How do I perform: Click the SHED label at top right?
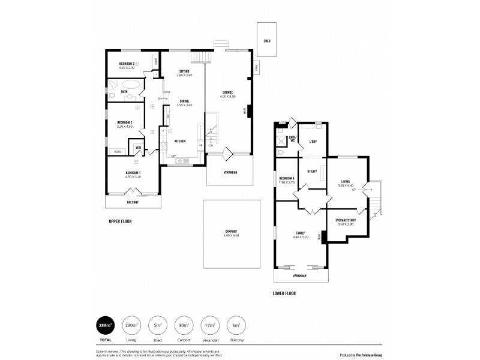pyautogui.click(x=266, y=41)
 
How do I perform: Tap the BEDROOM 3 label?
pyautogui.click(x=126, y=63)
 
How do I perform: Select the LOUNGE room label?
pyautogui.click(x=227, y=92)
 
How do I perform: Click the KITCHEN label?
pyautogui.click(x=179, y=141)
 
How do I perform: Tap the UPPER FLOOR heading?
pyautogui.click(x=120, y=221)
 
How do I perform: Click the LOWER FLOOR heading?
pyautogui.click(x=284, y=293)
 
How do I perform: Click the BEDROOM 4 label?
pyautogui.click(x=286, y=178)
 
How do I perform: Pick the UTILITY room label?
pyautogui.click(x=312, y=171)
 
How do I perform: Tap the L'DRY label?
pyautogui.click(x=313, y=142)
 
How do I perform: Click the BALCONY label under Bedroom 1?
pyautogui.click(x=133, y=202)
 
